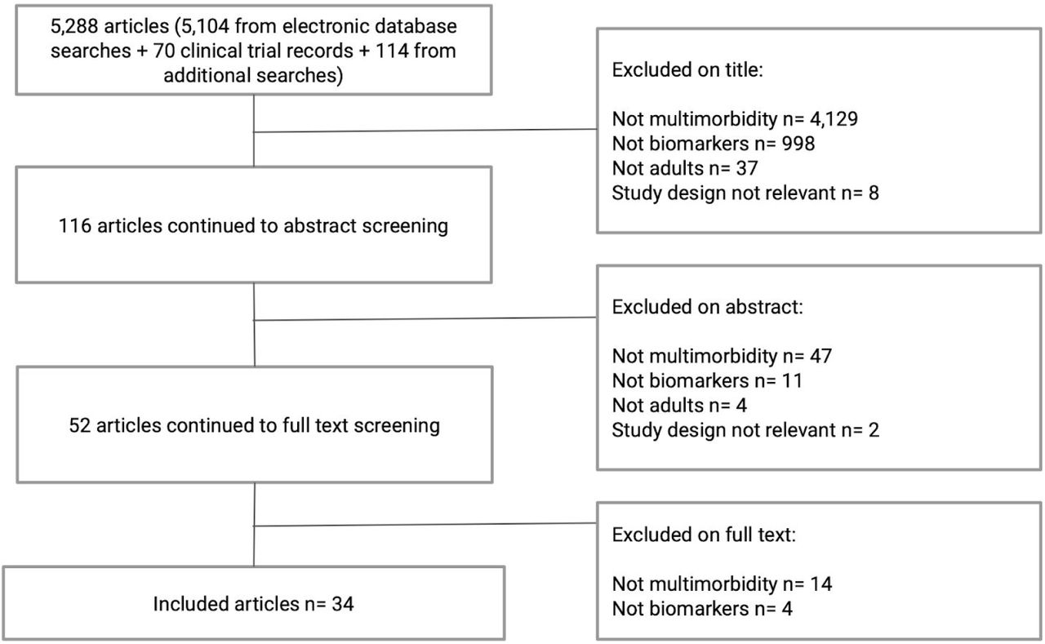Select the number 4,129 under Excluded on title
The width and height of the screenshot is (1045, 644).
834,119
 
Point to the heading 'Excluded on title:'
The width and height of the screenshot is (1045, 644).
687,70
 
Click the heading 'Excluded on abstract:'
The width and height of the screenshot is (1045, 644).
707,308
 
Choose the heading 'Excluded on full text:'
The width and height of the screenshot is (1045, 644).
704,535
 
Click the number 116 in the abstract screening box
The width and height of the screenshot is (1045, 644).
74,226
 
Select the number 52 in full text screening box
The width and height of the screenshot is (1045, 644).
79,426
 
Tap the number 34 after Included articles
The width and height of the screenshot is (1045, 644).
343,604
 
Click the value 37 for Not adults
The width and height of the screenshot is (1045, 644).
747,168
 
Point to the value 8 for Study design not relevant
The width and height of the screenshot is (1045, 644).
874,193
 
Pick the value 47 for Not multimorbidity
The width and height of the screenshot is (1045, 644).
820,356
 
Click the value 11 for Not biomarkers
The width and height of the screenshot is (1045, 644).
792,381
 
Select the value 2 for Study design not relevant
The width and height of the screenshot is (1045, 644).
874,430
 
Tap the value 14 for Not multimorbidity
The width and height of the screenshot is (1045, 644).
821,584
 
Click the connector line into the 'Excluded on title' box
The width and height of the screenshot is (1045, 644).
425,131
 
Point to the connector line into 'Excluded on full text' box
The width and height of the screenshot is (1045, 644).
425,525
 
